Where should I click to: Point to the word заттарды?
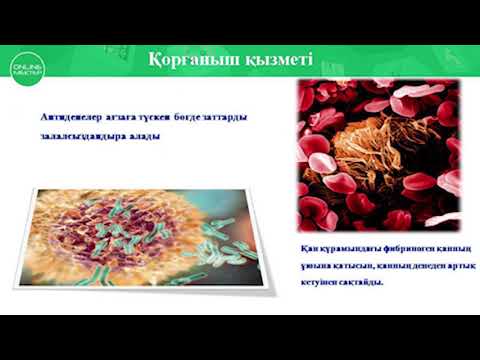tap(225, 116)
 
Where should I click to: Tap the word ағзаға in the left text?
tap(132, 116)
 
